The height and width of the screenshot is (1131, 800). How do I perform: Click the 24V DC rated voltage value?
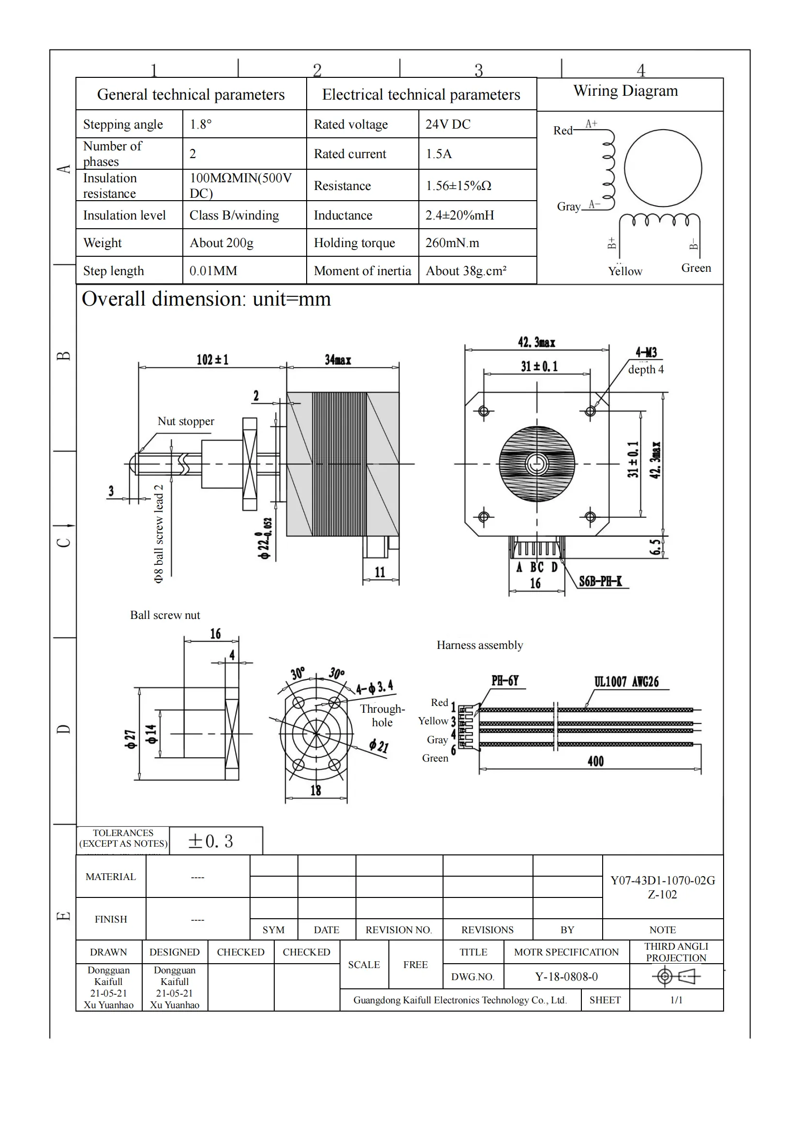[447, 124]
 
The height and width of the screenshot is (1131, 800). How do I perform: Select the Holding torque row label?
[354, 243]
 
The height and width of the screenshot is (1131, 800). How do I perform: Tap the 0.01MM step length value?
[213, 271]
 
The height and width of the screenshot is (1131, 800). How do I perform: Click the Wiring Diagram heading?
[625, 91]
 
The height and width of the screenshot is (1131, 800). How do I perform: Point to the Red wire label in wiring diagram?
[563, 131]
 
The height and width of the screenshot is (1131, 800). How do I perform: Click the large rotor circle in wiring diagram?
[663, 168]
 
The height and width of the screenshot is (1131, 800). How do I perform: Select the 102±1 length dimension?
[212, 360]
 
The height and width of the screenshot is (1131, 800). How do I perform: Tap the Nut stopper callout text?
[186, 421]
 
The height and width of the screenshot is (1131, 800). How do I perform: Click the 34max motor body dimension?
[338, 360]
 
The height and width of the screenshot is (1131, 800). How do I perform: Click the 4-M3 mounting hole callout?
[646, 352]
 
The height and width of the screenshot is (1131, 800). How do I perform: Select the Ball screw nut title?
[165, 615]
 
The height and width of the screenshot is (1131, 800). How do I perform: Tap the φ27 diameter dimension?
[130, 739]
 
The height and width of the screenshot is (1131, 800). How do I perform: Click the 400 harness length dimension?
[595, 762]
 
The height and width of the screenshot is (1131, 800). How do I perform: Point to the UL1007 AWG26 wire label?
[626, 682]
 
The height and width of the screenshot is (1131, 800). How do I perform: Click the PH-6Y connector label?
[504, 681]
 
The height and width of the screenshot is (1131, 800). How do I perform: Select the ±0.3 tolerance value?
[210, 841]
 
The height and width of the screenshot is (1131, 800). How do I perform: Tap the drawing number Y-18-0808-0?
[566, 977]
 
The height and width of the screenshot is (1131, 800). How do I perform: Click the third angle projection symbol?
[675, 976]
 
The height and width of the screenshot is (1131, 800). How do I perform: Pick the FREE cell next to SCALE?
[415, 965]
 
